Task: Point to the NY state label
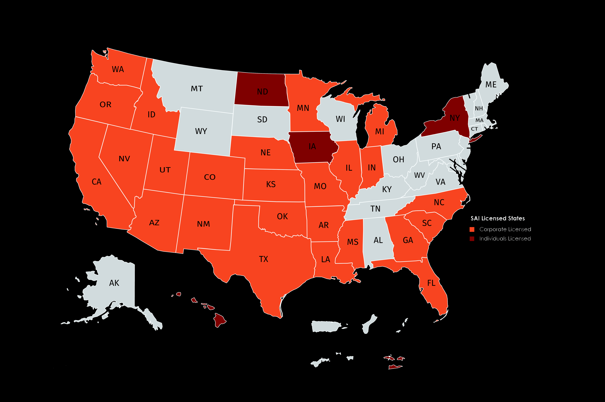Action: [x=455, y=118]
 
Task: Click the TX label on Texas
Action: [x=263, y=259]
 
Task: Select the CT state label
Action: [x=474, y=129]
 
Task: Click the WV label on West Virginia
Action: [x=419, y=175]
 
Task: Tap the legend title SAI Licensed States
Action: [x=498, y=218]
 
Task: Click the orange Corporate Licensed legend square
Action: [x=472, y=229]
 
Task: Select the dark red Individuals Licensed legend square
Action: [x=472, y=239]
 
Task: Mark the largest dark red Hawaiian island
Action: [x=220, y=319]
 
